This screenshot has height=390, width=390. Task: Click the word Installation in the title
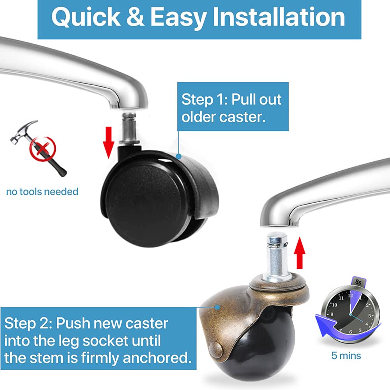279,17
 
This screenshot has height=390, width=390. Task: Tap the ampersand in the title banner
135,17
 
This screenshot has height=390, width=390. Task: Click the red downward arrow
108,142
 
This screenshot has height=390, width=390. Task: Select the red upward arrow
300,253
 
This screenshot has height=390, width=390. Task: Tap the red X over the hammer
43,149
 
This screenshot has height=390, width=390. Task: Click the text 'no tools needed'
42,192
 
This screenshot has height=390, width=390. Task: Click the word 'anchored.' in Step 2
157,358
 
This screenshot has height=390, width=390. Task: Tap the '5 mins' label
346,356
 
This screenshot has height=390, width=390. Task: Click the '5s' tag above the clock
358,282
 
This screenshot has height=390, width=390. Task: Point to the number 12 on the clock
350,295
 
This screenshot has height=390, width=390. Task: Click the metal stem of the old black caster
129,128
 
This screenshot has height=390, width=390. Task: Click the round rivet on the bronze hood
216,349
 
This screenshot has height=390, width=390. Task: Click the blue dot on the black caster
178,157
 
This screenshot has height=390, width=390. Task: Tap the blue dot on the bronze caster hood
217,307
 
